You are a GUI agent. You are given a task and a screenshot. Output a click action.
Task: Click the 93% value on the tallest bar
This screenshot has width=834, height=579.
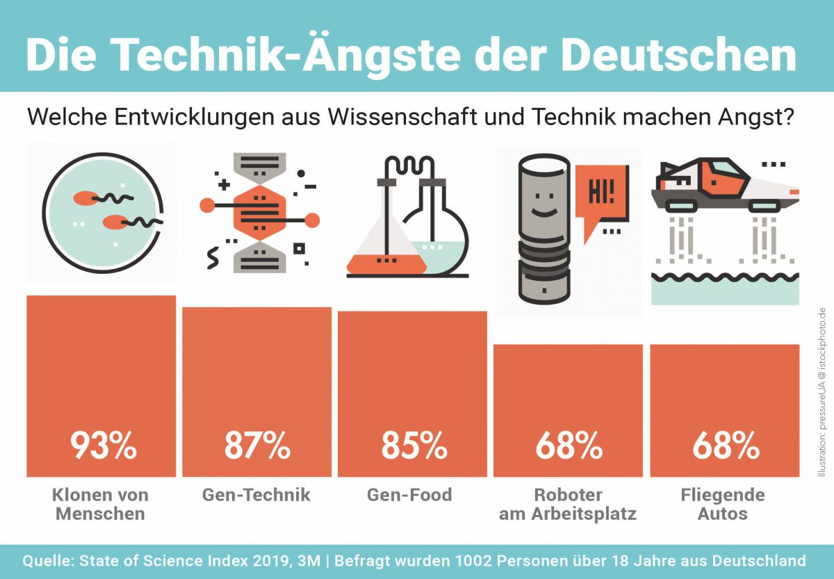tap(102, 446)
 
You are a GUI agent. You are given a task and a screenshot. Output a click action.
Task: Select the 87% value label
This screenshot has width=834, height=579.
tap(257, 446)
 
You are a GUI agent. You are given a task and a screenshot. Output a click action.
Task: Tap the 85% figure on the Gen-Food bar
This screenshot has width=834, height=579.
tap(414, 446)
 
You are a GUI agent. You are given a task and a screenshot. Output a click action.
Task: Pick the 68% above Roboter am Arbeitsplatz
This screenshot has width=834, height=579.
tap(568, 446)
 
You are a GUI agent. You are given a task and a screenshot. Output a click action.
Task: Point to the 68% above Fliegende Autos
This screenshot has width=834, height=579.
tap(725, 446)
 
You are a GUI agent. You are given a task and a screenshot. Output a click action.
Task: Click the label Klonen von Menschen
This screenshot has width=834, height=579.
tap(100, 505)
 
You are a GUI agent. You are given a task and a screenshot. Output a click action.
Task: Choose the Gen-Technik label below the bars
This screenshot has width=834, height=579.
tap(256, 495)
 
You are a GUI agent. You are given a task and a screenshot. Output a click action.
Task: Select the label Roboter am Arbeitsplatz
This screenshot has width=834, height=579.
tap(568, 505)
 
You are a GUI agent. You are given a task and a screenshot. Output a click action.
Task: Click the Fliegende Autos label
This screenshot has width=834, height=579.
tap(723, 505)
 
